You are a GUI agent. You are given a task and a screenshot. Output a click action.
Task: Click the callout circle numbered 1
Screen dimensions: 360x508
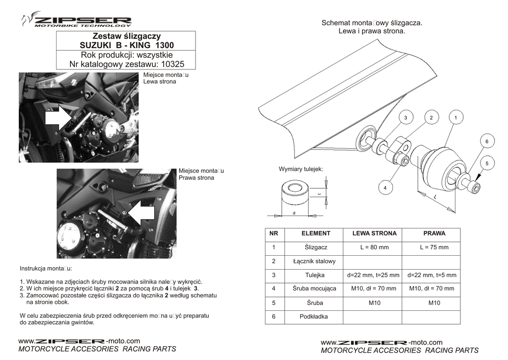tap(455, 118)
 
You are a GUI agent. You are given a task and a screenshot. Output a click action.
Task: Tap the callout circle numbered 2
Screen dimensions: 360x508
tap(431, 118)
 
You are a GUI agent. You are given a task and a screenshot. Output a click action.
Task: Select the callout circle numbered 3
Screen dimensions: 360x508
tap(405, 118)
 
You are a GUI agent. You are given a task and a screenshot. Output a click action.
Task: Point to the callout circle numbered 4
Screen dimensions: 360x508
tap(385, 188)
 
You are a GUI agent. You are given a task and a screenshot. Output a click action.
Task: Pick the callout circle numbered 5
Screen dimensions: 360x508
tap(487, 163)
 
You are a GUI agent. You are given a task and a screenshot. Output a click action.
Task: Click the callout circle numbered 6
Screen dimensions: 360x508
tap(487, 142)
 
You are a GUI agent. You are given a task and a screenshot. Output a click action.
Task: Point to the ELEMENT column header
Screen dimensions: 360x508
tap(316, 233)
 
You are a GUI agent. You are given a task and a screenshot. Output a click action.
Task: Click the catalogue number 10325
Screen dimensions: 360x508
tap(174, 64)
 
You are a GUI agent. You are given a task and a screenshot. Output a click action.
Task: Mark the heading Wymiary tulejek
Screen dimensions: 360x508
tap(301, 169)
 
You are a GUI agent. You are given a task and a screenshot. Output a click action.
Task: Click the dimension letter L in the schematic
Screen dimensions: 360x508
tap(435, 198)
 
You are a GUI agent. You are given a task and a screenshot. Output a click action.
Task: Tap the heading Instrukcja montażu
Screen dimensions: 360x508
tap(46, 269)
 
